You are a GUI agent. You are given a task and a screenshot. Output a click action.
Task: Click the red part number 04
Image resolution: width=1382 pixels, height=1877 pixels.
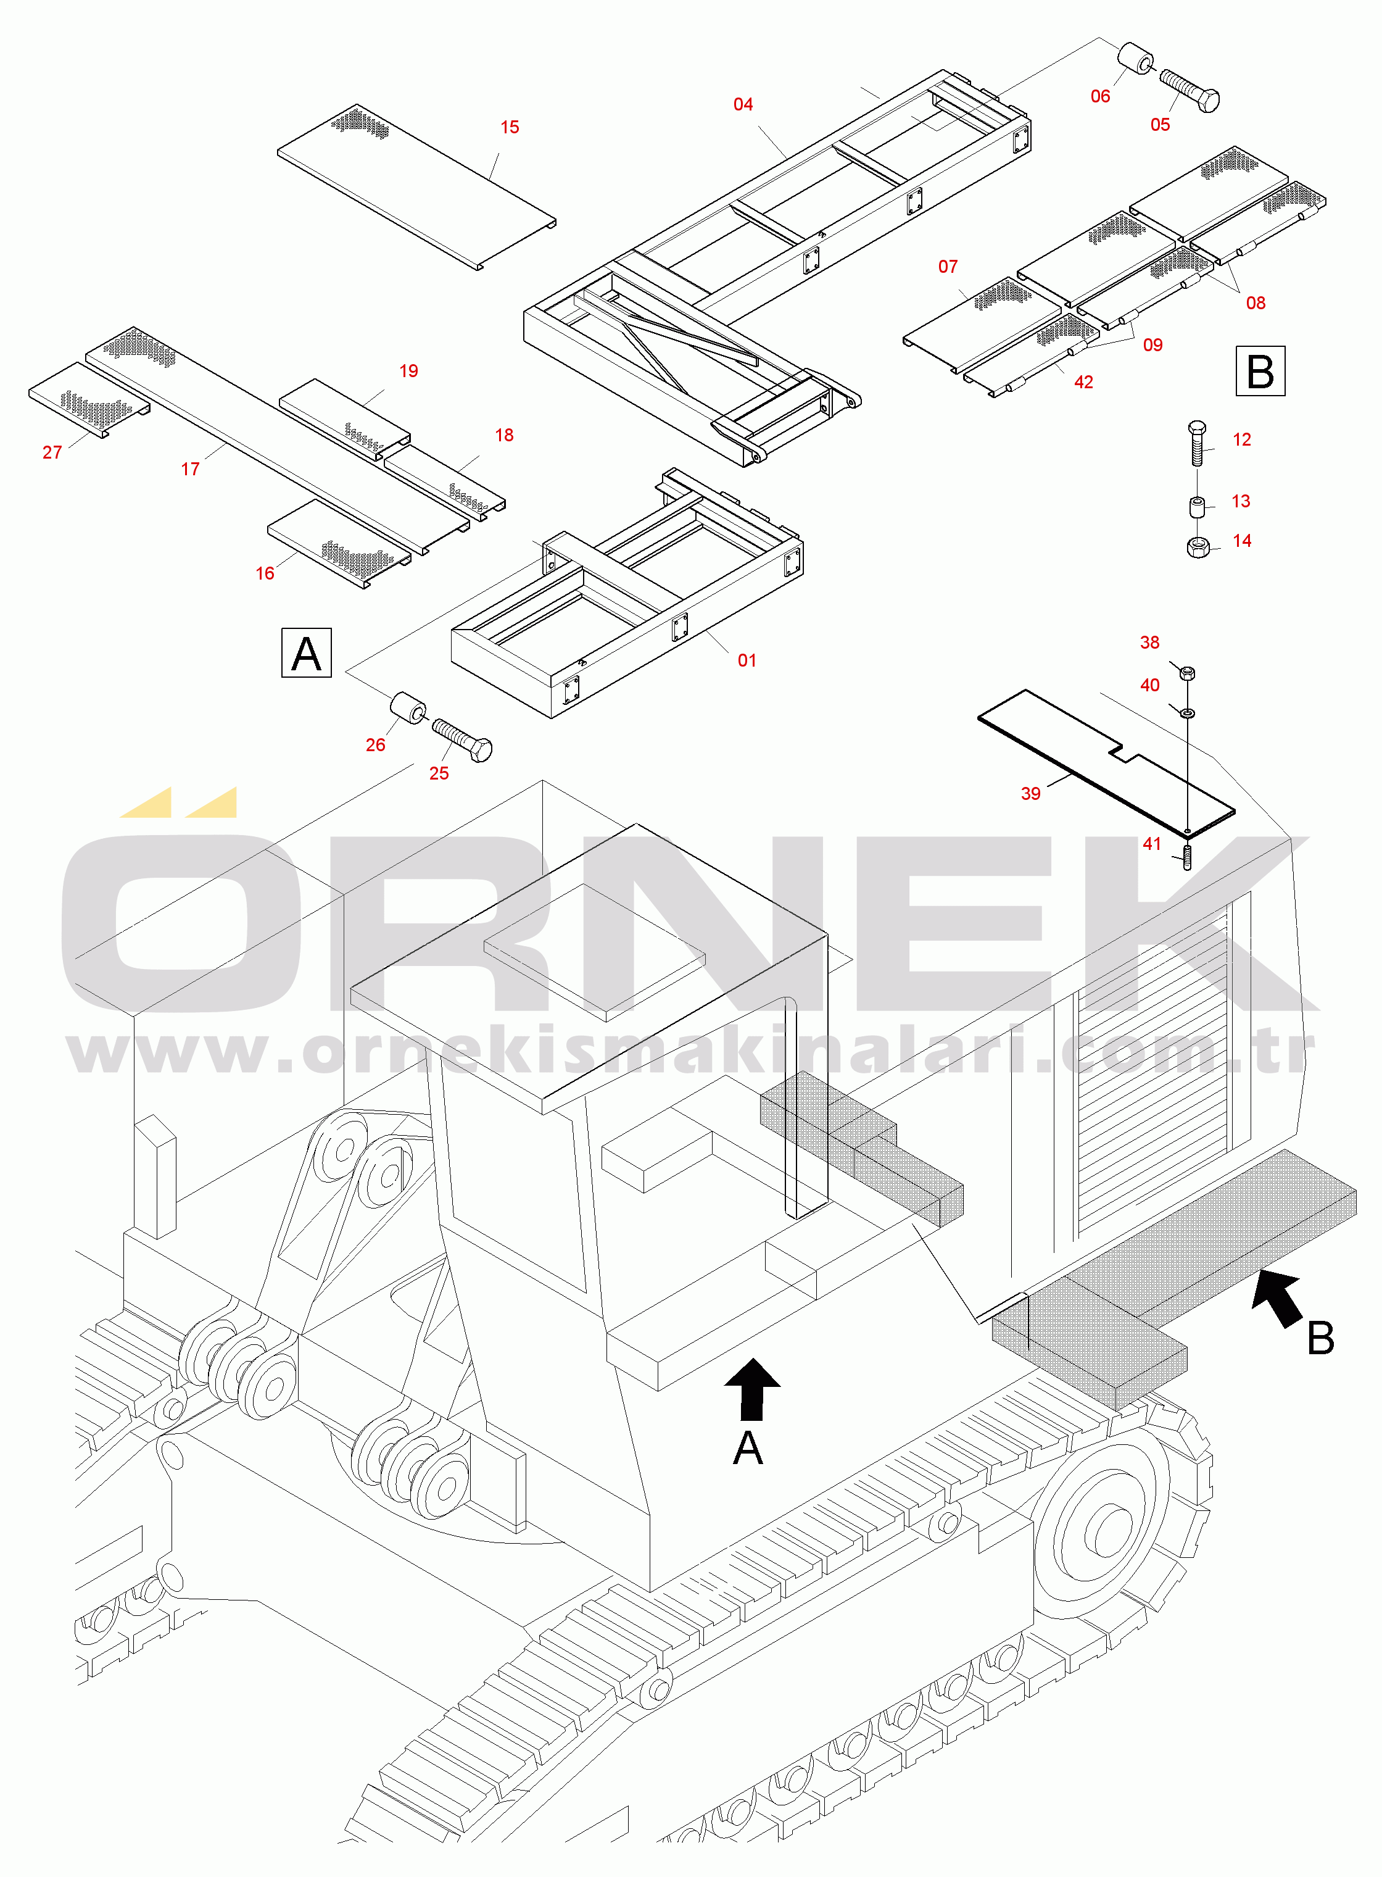pos(743,104)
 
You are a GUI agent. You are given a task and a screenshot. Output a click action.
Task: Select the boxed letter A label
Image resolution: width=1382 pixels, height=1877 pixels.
pos(306,654)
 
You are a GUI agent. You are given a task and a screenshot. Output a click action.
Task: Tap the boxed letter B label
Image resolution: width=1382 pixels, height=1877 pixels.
pos(1260,371)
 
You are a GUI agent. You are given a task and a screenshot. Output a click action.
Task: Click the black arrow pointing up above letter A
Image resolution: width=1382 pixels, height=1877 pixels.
pos(752,1389)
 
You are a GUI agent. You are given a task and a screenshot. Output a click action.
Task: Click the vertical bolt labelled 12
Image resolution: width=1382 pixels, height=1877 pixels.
pos(1196,444)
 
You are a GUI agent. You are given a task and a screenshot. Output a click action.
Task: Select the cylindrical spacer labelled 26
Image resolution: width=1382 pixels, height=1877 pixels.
pos(409,707)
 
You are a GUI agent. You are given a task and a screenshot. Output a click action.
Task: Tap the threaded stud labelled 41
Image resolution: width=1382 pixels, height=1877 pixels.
pos(1187,857)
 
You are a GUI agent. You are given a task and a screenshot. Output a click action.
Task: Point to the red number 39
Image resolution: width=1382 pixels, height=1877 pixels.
pos(1031,793)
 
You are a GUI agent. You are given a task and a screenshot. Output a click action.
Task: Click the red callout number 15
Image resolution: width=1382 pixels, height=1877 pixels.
pos(510,127)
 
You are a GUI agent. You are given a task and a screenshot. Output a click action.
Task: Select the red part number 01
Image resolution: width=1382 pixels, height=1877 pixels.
pos(746,660)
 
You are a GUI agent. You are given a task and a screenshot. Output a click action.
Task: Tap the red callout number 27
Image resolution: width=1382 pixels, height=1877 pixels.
pos(52,452)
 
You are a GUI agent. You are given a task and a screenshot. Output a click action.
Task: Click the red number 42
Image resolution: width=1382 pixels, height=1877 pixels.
pos(1083,383)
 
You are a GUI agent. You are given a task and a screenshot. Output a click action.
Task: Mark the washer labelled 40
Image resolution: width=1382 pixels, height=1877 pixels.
pos(1187,712)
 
